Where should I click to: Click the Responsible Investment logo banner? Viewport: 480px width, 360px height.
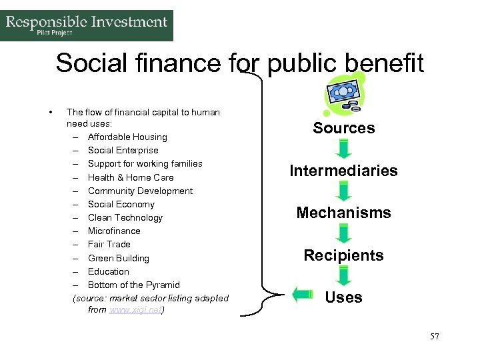click(87, 25)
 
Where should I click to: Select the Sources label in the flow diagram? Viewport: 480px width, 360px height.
click(344, 128)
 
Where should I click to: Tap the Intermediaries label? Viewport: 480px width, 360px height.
click(343, 171)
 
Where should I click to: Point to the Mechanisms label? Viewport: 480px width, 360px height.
click(343, 213)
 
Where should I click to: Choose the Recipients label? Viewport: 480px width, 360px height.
click(343, 255)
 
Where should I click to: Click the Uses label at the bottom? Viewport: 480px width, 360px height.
click(343, 297)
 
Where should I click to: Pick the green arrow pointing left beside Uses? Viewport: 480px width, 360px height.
click(303, 293)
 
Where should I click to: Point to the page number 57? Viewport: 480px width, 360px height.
click(434, 337)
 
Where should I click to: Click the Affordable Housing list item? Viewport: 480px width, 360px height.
click(127, 137)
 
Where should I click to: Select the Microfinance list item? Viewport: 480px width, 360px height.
click(114, 231)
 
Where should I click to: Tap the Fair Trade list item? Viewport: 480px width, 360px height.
click(109, 244)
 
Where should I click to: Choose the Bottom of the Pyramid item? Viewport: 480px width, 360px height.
click(133, 285)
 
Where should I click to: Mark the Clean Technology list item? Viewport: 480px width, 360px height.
click(125, 217)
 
